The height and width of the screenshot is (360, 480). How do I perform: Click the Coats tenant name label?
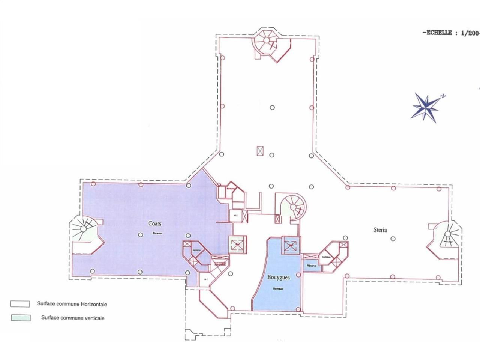tap(154, 223)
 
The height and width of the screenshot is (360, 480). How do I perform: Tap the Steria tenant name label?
tap(380, 230)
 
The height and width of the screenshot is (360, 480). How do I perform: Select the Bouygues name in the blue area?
tap(278, 278)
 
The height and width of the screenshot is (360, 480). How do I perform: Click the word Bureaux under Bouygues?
tap(278, 288)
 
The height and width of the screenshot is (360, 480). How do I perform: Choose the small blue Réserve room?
tap(312, 265)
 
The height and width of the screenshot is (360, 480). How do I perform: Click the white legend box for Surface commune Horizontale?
tap(20, 304)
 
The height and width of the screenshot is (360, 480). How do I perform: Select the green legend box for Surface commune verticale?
tap(20, 318)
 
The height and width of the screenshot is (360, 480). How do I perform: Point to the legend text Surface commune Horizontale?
tap(72, 304)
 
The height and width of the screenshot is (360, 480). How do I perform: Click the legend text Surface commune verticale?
tap(73, 318)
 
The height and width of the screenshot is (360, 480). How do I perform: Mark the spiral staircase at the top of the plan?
tap(267, 42)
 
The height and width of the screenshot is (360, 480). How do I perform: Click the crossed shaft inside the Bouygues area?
tap(291, 246)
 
